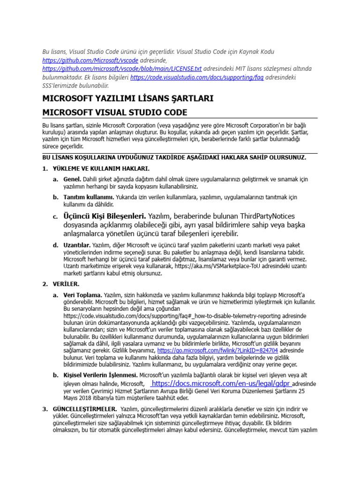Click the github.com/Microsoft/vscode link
click(x=90, y=60)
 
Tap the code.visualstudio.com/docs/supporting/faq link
click(x=197, y=77)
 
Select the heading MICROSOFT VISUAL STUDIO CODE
click(x=114, y=112)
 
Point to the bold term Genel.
click(x=72, y=180)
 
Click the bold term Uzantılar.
click(x=76, y=245)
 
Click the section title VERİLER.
click(x=67, y=284)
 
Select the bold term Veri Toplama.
click(x=82, y=295)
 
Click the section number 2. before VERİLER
click(x=45, y=284)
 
